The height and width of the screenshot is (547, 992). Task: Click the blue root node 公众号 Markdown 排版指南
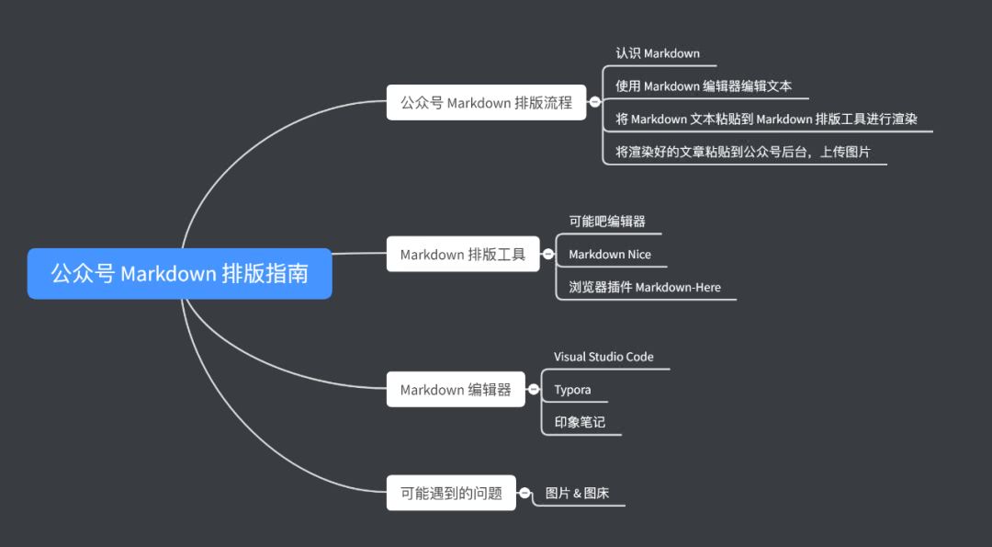coord(179,273)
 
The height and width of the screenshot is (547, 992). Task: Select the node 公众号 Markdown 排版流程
coord(486,102)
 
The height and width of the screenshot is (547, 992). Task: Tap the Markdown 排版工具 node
coord(463,254)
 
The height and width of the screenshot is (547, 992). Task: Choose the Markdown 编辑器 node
coord(456,389)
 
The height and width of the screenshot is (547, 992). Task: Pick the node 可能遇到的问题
coord(451,493)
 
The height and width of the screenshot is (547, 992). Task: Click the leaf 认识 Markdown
coord(658,53)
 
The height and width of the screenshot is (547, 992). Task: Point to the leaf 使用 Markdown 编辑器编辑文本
coord(704,86)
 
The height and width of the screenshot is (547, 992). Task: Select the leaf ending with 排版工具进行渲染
coord(768,119)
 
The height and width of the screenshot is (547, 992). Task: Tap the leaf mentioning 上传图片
coord(743,152)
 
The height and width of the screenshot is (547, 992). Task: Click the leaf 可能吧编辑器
coord(607,222)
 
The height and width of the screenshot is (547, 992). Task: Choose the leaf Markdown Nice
coord(610,255)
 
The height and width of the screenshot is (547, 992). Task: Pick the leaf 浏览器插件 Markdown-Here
coord(645,288)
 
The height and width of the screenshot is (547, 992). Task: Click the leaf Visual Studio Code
coord(603,357)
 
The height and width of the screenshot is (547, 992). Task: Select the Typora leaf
coord(572,390)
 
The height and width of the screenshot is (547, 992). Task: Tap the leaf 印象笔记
coord(580,423)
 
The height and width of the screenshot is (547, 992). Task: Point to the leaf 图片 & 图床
coord(577,494)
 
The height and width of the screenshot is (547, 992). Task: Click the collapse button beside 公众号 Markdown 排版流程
coord(594,102)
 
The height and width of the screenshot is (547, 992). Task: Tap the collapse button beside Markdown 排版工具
coord(548,254)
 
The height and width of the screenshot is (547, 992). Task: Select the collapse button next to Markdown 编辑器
coord(534,389)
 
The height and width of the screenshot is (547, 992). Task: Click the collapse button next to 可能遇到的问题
coord(524,493)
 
